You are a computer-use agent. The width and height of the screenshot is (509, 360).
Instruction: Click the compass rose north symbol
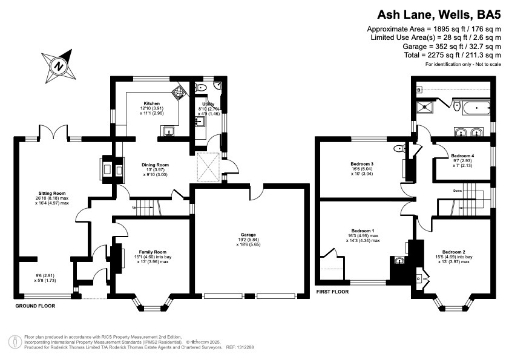click(x=59, y=66)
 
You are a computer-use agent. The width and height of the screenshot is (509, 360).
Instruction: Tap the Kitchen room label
click(x=152, y=103)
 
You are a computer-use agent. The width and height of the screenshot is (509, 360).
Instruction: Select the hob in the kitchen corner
click(x=179, y=92)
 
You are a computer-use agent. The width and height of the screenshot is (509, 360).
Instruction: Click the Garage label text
click(x=248, y=235)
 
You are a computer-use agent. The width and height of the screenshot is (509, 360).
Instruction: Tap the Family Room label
click(x=153, y=252)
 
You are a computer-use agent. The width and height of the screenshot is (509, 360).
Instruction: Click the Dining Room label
click(x=155, y=165)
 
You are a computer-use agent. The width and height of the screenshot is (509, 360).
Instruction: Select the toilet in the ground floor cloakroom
click(x=202, y=87)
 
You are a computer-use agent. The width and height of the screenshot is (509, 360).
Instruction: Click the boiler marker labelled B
click(x=419, y=90)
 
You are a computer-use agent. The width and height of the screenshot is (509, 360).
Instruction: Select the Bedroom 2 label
click(x=454, y=252)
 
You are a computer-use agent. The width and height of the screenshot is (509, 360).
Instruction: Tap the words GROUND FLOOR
click(x=35, y=306)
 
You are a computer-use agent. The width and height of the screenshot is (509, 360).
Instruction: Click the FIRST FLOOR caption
click(x=332, y=292)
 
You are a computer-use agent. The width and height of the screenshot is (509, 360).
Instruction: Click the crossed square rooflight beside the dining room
click(x=209, y=166)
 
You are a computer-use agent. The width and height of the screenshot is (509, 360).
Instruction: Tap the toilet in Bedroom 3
click(x=399, y=149)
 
